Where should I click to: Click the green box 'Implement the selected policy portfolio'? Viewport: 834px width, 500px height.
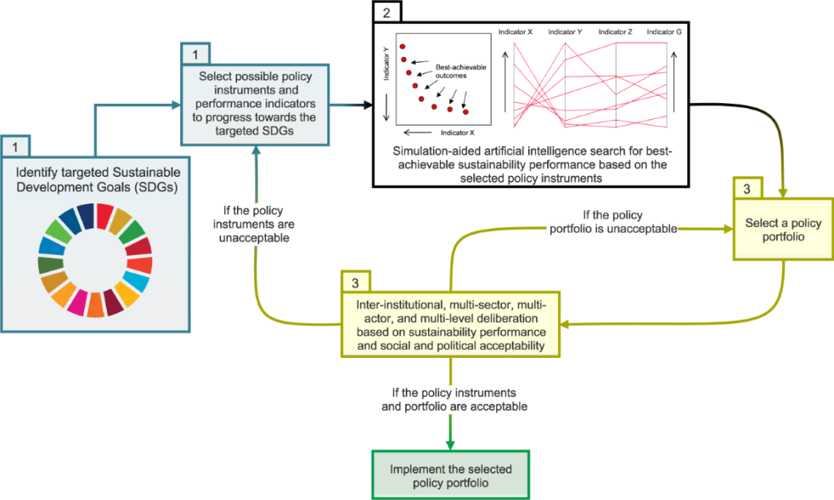(450, 475)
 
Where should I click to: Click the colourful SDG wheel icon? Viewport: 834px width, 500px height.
(94, 260)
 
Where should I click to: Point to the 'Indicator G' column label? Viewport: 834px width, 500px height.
(664, 32)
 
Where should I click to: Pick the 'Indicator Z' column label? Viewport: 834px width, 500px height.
(615, 32)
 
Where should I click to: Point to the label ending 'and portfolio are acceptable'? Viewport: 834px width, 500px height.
(450, 399)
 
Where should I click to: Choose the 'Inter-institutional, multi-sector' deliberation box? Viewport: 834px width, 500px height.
(450, 324)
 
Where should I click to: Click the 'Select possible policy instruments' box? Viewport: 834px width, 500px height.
(255, 104)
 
